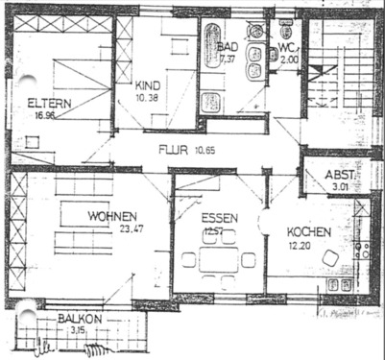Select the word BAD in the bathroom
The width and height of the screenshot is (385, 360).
228,46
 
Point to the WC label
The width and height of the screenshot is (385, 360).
287,46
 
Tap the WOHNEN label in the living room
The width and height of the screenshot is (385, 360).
112,216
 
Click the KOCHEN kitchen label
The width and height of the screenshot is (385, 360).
309,232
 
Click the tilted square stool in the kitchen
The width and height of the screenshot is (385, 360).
330,257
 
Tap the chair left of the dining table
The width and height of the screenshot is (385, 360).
188,259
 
